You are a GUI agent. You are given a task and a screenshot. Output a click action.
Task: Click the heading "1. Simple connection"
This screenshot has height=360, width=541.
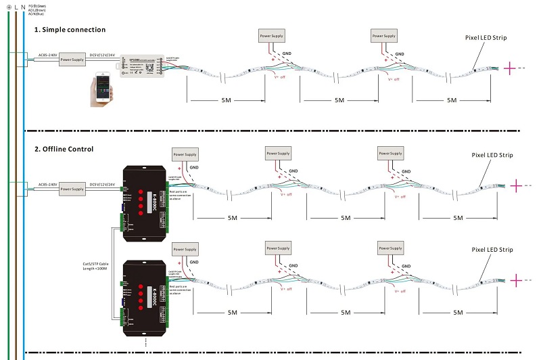tap(70, 30)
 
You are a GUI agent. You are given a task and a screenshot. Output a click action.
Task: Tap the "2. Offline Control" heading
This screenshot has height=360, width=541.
tap(64, 148)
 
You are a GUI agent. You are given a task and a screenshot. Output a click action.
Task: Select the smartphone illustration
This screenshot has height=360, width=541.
tap(102, 91)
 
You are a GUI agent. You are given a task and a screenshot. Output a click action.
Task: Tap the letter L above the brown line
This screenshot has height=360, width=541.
tap(17, 9)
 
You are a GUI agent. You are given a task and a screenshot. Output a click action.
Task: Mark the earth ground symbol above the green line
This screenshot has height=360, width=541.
tap(7, 9)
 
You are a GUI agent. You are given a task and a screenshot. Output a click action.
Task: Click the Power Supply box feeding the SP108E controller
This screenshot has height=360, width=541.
tap(72, 60)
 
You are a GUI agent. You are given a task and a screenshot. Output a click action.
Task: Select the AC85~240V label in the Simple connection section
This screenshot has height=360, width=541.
tap(47, 53)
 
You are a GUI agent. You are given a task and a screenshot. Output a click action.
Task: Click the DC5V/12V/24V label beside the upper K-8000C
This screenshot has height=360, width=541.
tap(103, 183)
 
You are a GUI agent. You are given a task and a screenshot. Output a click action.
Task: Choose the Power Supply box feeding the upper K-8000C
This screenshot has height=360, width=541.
tap(72, 191)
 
